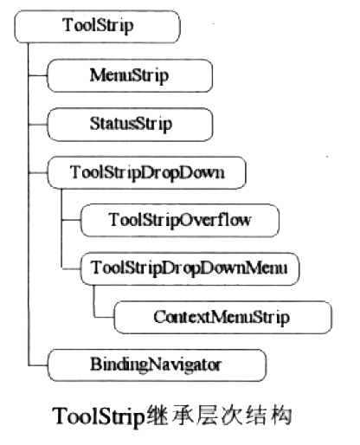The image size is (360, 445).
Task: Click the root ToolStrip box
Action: pos(97,27)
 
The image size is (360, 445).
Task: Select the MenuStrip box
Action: pos(130,75)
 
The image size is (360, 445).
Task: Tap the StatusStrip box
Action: pos(130,125)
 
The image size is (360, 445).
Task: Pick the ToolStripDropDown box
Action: pos(146,172)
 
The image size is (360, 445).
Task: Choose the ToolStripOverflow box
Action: pos(180,220)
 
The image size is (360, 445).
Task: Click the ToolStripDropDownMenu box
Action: pos(190,268)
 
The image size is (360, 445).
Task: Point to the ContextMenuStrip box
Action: pos(223,317)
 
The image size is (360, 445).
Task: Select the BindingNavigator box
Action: pos(157,365)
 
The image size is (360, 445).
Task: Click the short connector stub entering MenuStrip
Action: pos(38,75)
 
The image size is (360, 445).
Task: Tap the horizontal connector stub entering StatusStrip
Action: pos(38,125)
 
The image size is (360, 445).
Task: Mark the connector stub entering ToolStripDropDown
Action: pos(38,173)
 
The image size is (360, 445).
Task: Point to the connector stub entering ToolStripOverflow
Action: pos(71,220)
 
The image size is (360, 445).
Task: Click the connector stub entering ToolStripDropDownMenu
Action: pos(71,268)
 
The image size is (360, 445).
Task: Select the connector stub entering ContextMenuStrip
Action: pos(104,317)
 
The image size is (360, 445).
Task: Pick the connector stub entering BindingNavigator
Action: pos(38,365)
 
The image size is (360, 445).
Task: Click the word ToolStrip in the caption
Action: pos(99,416)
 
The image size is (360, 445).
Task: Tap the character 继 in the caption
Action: pos(157,416)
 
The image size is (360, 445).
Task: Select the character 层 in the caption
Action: pos(207,416)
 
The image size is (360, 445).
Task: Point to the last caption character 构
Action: pos(281,416)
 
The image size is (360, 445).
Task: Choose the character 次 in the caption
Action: pos(231,416)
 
